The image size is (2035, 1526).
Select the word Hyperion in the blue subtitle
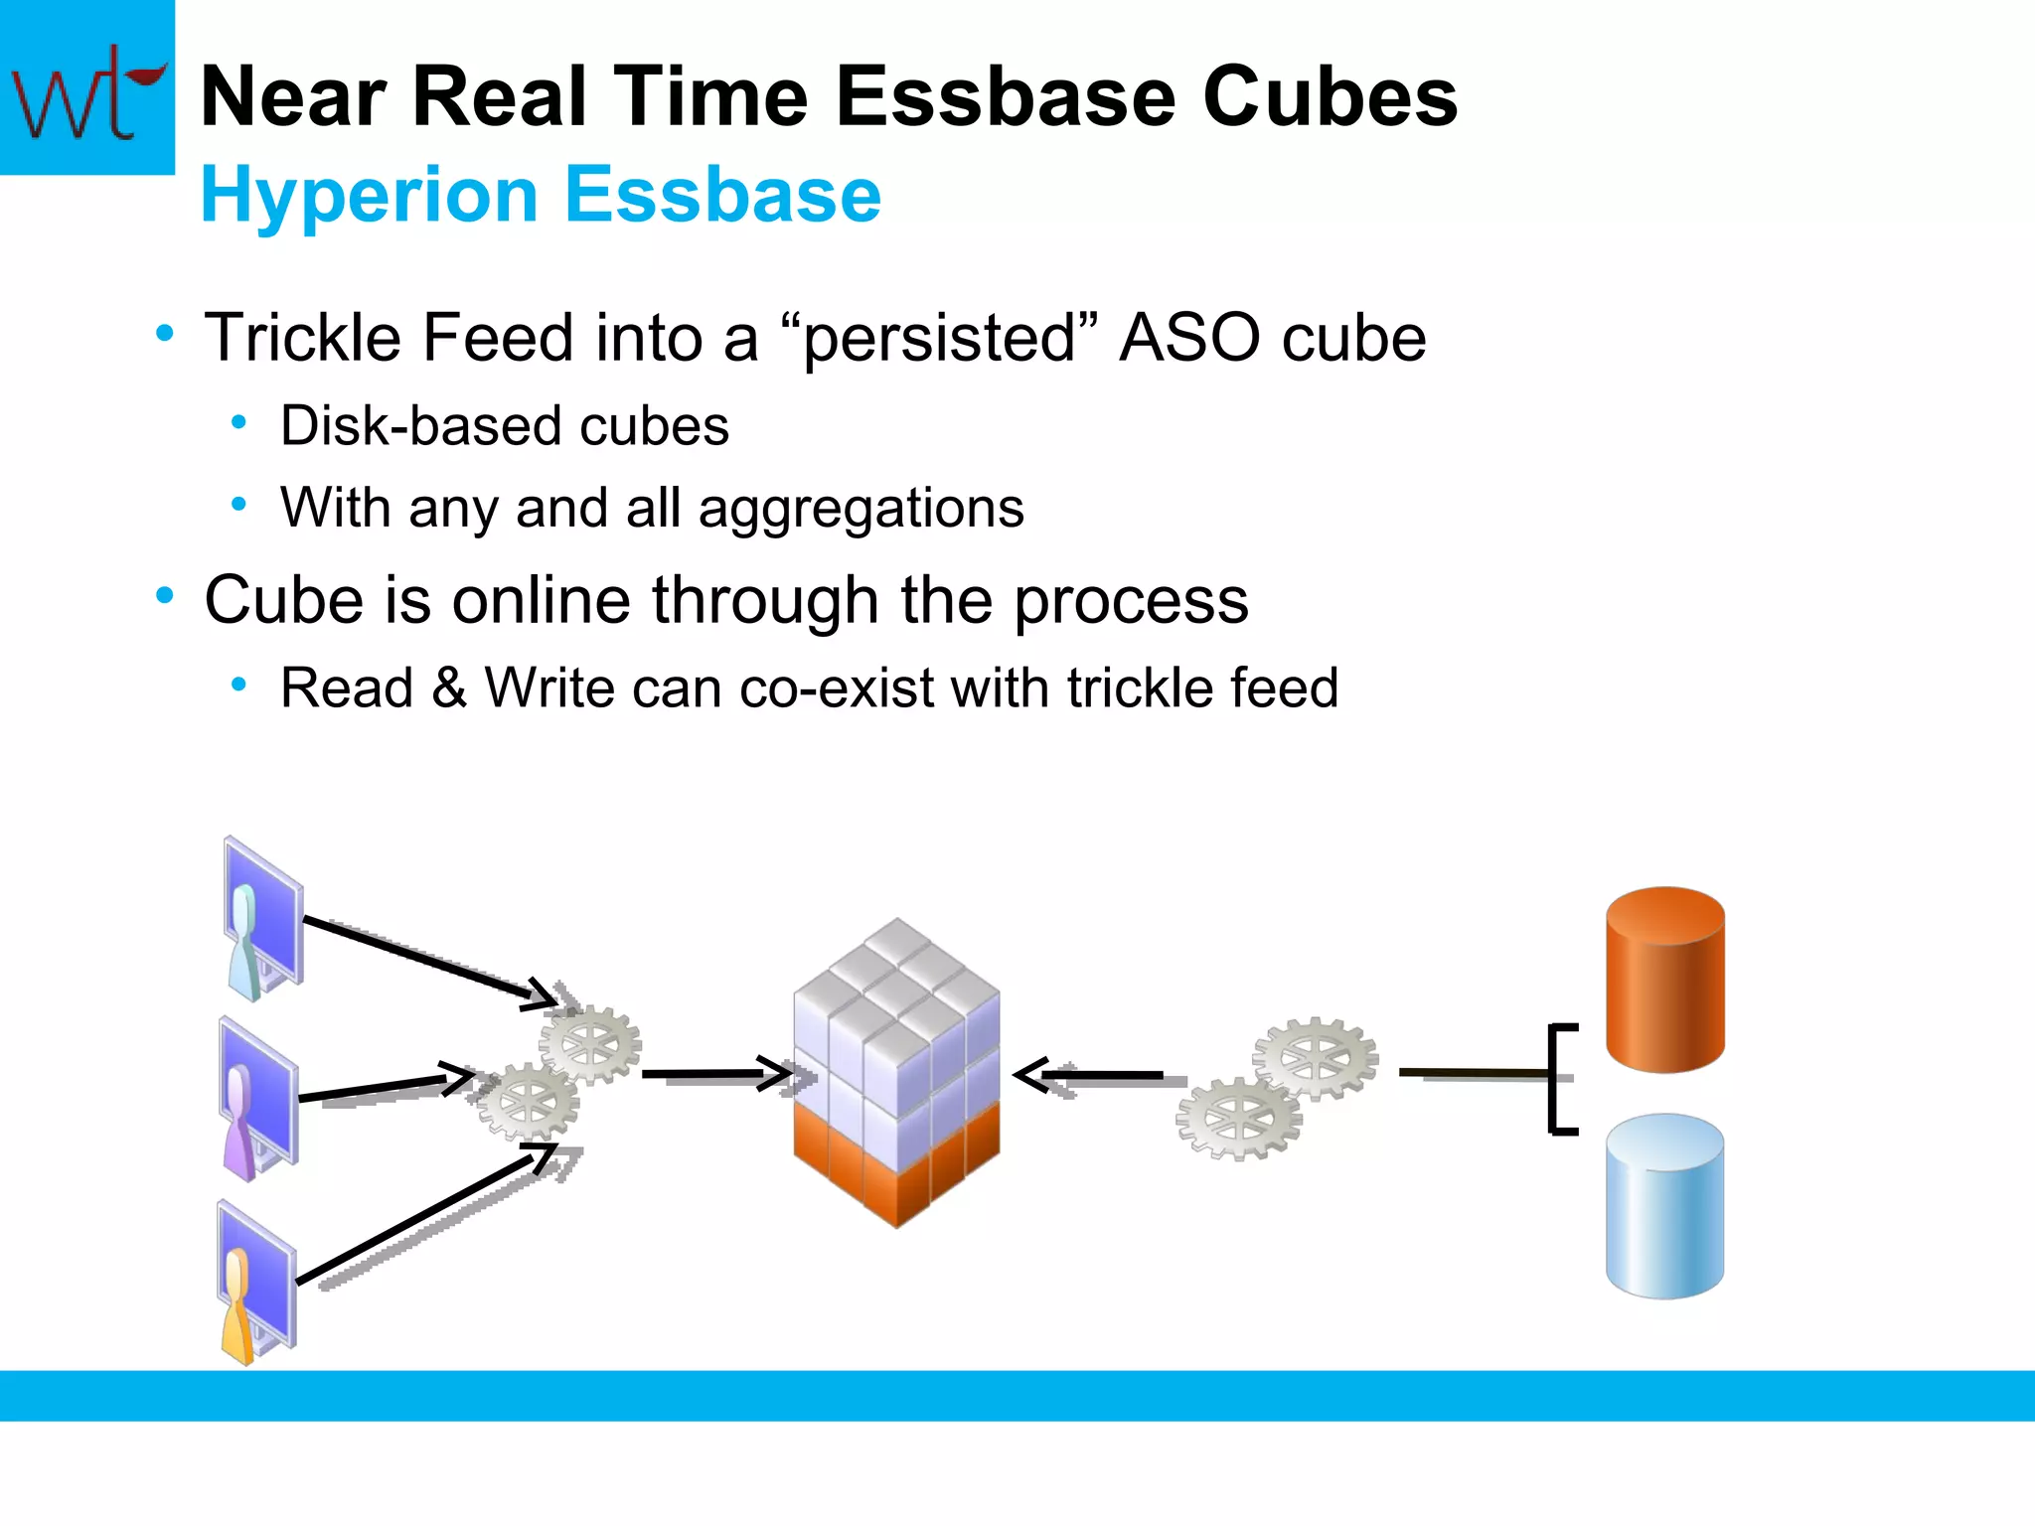pos(369,195)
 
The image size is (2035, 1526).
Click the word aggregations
pos(861,509)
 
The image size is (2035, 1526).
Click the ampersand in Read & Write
pos(449,687)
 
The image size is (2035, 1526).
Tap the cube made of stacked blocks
pos(896,1073)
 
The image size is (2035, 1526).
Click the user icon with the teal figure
pos(260,920)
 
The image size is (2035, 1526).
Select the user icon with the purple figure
pos(256,1099)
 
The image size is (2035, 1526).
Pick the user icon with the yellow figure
pos(254,1283)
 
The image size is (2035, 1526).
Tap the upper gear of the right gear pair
pos(1316,1057)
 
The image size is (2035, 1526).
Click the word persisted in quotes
pos(939,338)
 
